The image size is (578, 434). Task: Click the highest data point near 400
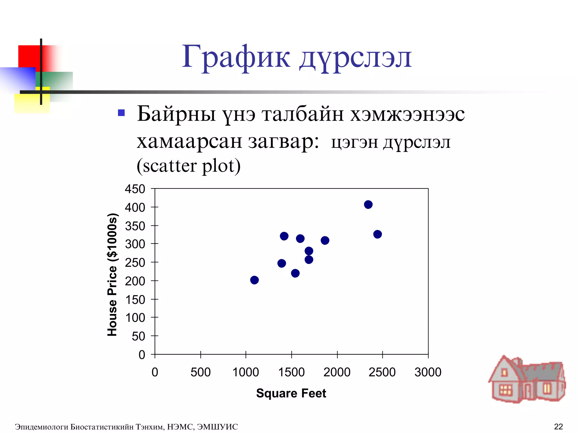coord(368,204)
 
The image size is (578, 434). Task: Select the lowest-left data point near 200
coord(254,280)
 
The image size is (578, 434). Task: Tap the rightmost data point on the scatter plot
coord(377,234)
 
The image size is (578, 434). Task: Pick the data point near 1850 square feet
coord(325,240)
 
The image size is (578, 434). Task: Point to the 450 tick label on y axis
coord(135,189)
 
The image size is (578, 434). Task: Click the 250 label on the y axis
coord(135,262)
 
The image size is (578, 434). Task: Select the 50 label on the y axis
coord(138,336)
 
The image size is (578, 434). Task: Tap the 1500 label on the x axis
coord(291,372)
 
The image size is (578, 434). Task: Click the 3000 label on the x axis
coord(428,372)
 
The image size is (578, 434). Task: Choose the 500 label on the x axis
coord(200,372)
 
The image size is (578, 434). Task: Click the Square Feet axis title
coord(291,393)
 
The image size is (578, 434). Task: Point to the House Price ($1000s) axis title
coord(112,274)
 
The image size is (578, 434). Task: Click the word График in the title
coord(236,57)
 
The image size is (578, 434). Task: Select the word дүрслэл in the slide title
coord(356,58)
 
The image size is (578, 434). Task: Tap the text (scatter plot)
coord(189,166)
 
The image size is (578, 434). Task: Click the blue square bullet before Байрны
coord(121,113)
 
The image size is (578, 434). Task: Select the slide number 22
coord(558,426)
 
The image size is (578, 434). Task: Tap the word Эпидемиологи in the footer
coord(41,427)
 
